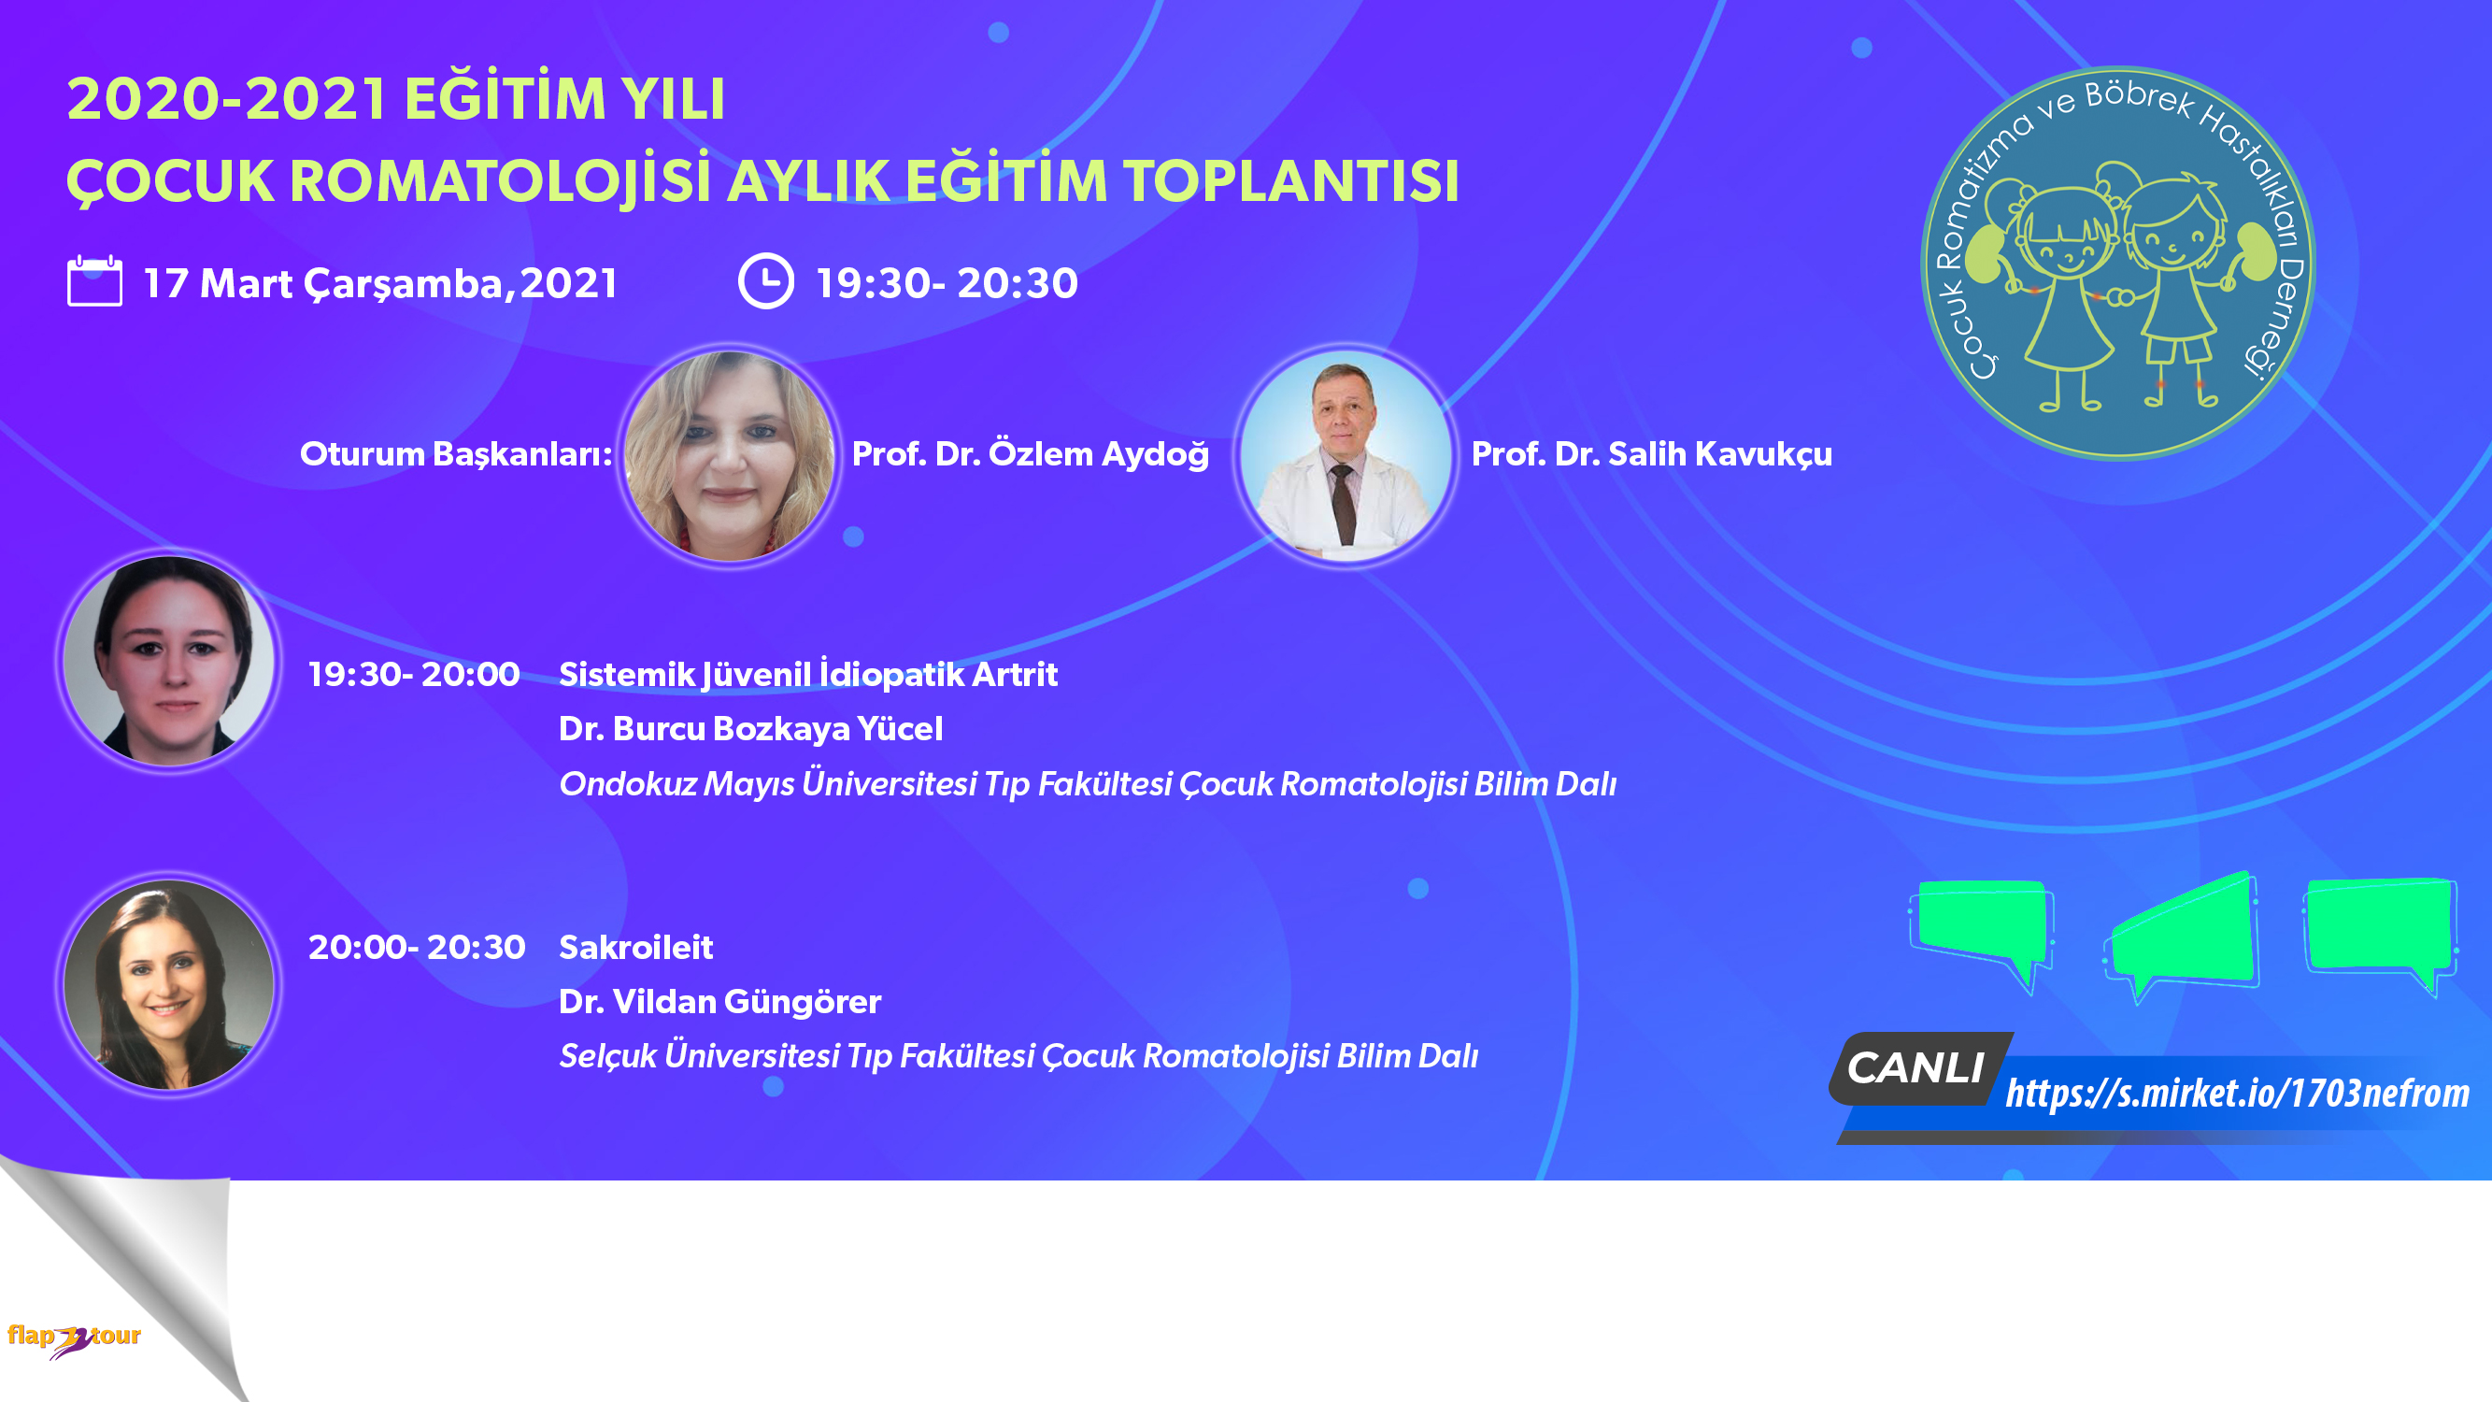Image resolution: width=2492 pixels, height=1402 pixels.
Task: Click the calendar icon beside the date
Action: tap(94, 280)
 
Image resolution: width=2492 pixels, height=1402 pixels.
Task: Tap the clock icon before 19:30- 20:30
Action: tap(766, 280)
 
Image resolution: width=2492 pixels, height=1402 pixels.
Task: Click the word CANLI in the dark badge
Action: tap(1915, 1068)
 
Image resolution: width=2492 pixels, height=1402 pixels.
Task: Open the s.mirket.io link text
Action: tap(2237, 1094)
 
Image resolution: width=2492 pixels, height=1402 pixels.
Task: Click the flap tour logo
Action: tap(75, 1339)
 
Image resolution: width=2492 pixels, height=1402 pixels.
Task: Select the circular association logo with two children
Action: tap(2117, 263)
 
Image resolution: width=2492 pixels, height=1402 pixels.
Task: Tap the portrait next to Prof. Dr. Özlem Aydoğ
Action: tap(730, 456)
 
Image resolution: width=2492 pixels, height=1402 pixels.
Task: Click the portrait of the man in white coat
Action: tap(1346, 456)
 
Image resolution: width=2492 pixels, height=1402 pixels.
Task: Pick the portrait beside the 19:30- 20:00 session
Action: tap(168, 661)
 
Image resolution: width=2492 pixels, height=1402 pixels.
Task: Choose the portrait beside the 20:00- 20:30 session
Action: tap(168, 984)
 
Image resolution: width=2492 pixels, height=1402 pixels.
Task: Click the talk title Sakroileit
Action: tap(635, 946)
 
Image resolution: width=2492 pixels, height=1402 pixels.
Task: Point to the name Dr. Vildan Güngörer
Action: tap(719, 1001)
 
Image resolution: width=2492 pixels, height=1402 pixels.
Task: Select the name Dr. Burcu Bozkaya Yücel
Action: tap(750, 729)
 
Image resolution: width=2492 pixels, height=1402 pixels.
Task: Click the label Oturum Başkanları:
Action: tap(456, 454)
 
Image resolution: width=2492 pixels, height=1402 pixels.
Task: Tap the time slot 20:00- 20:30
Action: tap(417, 946)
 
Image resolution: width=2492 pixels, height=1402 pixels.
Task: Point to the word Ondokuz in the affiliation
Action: tap(628, 784)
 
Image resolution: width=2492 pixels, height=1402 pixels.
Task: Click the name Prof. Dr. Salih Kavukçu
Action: tap(1651, 454)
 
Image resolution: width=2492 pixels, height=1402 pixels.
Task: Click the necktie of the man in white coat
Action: tap(1343, 503)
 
